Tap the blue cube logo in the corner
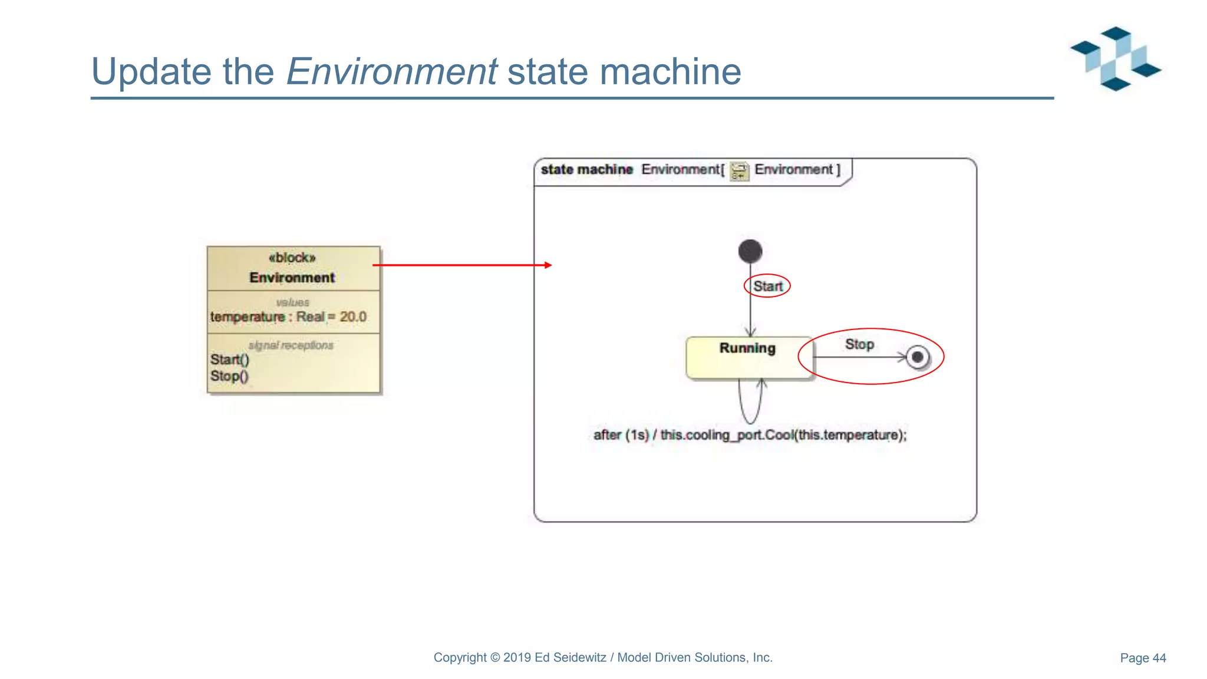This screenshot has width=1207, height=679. click(x=1115, y=59)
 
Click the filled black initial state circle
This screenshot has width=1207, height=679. click(x=750, y=251)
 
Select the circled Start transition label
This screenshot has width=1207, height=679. click(x=767, y=286)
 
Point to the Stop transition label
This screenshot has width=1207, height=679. click(x=859, y=344)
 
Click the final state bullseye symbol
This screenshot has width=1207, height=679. click(x=917, y=357)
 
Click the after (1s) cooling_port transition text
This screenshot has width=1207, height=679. click(x=750, y=435)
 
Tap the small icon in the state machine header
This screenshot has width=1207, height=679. click(x=739, y=171)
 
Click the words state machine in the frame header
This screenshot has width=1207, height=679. click(x=586, y=170)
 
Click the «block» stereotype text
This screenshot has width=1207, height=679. click(x=292, y=258)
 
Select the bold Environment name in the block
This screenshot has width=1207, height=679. click(x=292, y=278)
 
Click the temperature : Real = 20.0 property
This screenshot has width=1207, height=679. click(x=288, y=317)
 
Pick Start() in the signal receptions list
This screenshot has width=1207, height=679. click(x=230, y=360)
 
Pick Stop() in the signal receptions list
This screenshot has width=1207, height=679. click(x=229, y=376)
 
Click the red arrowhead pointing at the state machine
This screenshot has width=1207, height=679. click(x=548, y=265)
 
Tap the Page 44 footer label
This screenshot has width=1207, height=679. click(x=1143, y=658)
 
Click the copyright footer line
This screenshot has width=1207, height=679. click(x=603, y=658)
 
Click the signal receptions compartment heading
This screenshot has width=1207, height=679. click(x=291, y=345)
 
